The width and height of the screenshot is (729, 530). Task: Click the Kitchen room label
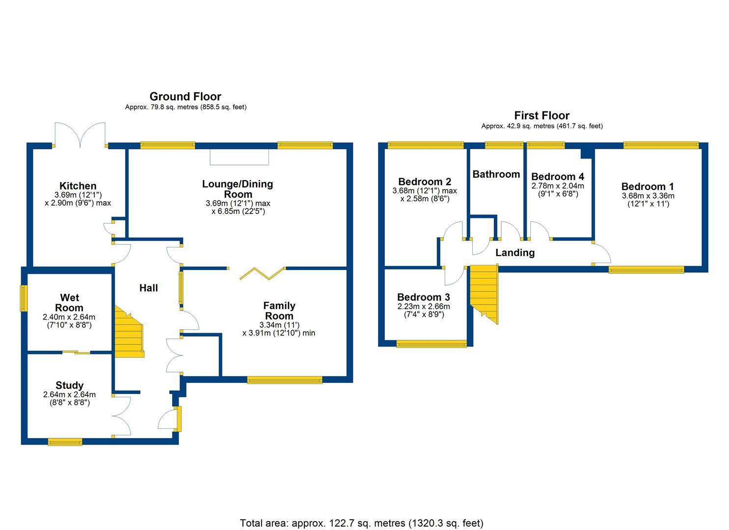pyautogui.click(x=78, y=186)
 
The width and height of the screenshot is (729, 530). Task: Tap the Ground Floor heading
pyautogui.click(x=185, y=97)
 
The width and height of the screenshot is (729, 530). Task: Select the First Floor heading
pyautogui.click(x=541, y=116)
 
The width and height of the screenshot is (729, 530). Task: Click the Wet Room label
pyautogui.click(x=69, y=303)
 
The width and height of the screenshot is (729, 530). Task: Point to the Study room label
pyautogui.click(x=69, y=386)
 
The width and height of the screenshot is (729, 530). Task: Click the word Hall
pyautogui.click(x=148, y=288)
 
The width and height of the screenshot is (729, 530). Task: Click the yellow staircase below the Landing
pyautogui.click(x=485, y=292)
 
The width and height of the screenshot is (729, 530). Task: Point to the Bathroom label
pyautogui.click(x=496, y=174)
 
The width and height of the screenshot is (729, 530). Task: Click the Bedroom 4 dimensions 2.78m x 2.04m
pyautogui.click(x=558, y=186)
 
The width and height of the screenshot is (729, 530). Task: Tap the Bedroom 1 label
pyautogui.click(x=647, y=186)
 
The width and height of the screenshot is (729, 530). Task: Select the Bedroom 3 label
pyautogui.click(x=423, y=297)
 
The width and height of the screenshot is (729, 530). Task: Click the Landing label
pyautogui.click(x=514, y=253)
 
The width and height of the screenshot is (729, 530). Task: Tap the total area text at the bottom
pyautogui.click(x=361, y=523)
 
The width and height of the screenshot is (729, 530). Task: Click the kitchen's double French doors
pyautogui.click(x=80, y=135)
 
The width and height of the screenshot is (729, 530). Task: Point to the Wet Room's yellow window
pyautogui.click(x=23, y=298)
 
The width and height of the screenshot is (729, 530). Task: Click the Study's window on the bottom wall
pyautogui.click(x=65, y=442)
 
